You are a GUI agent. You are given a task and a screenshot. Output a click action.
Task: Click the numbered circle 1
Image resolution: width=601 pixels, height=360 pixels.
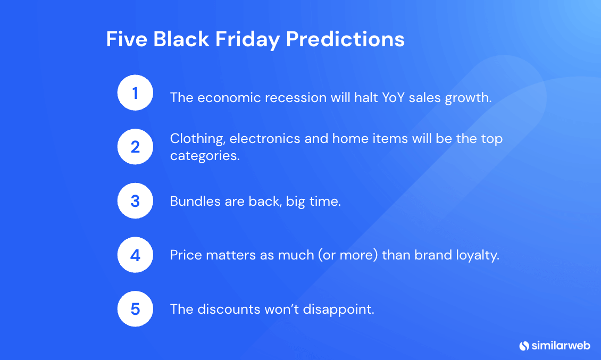(135, 93)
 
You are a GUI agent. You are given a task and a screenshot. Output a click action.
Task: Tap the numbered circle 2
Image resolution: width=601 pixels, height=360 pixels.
(135, 147)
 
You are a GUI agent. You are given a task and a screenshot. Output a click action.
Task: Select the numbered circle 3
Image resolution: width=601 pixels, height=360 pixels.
(135, 201)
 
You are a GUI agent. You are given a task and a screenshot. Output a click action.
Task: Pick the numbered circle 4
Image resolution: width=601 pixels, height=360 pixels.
(135, 255)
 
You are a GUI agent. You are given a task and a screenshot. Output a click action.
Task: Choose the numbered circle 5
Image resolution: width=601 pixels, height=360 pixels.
(135, 309)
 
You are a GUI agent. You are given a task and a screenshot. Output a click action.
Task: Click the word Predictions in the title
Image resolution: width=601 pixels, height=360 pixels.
(345, 39)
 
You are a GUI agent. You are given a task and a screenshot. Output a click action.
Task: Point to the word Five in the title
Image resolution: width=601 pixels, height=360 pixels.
(127, 39)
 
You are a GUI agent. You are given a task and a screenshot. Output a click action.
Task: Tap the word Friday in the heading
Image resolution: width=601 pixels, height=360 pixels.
(247, 40)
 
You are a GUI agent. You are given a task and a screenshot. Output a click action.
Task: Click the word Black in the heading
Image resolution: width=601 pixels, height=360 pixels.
(181, 39)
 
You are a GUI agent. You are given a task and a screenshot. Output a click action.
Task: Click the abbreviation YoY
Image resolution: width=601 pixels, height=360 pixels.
(393, 98)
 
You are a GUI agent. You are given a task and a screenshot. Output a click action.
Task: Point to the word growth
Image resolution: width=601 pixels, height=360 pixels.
(468, 98)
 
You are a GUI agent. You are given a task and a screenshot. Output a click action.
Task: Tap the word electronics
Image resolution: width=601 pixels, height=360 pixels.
(264, 138)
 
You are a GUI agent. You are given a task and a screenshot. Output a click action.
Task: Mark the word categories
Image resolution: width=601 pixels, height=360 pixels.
(205, 156)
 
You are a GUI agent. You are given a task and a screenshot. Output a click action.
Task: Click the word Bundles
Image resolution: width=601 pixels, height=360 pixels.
(195, 202)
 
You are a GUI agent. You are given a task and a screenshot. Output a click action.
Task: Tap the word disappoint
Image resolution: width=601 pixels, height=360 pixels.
(338, 310)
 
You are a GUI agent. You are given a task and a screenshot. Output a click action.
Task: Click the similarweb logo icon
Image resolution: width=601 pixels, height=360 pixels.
(524, 346)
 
